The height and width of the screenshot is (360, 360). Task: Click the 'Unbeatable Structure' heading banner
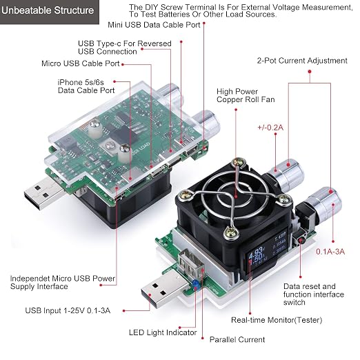point(49,11)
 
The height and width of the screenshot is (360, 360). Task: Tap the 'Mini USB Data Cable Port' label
point(154,25)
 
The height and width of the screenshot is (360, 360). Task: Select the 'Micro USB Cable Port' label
point(81,63)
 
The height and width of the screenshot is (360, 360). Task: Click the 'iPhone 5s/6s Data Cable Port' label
point(86,86)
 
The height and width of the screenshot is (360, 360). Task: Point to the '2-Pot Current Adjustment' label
point(302,61)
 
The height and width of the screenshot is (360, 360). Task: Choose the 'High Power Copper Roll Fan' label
point(246,95)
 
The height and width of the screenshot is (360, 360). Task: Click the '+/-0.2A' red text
point(270,128)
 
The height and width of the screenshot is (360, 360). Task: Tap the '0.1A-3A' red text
point(330,252)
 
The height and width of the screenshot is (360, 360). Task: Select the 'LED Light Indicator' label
point(163,332)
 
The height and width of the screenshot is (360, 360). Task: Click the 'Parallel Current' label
point(237,339)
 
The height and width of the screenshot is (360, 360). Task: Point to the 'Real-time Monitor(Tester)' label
point(277,320)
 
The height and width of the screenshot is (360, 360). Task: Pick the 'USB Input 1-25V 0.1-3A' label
point(68,310)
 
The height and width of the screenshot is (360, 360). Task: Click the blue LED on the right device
point(195,283)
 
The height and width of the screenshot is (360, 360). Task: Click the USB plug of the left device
point(44,194)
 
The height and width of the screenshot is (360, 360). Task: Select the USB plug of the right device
point(164,290)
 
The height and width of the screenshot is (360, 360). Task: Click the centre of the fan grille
point(235,197)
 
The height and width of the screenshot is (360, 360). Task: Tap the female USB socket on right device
point(192,263)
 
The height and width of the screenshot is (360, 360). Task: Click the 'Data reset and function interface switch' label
point(314,294)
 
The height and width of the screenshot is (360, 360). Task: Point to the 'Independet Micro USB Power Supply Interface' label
point(63,283)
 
